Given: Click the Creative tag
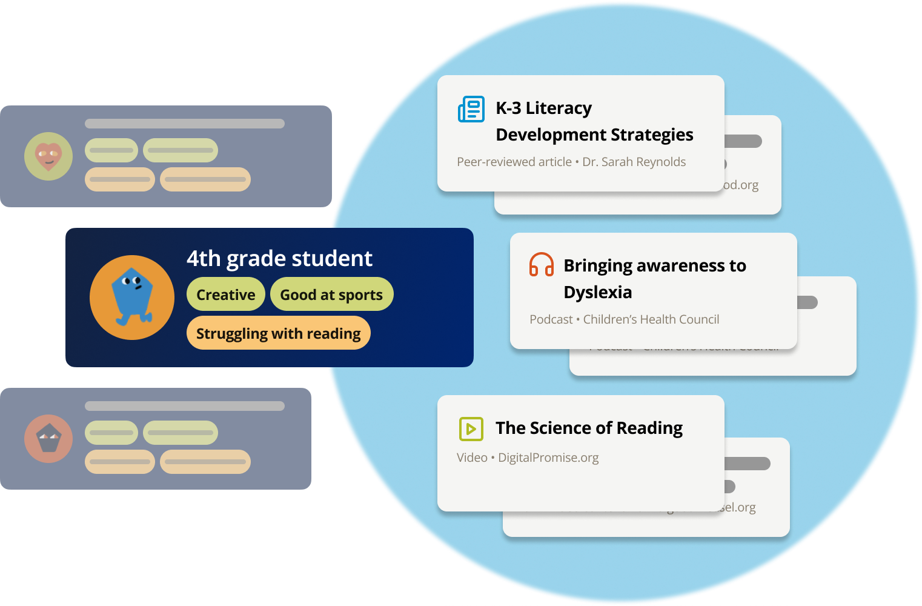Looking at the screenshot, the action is point(225,295).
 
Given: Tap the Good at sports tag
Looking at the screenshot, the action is point(331,295).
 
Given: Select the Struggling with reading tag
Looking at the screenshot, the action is point(278,333).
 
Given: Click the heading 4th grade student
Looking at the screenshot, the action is point(279,259).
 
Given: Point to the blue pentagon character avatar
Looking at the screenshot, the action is point(132,297).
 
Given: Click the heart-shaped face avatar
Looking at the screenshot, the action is point(48,156).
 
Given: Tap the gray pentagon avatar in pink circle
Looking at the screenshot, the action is point(48,438).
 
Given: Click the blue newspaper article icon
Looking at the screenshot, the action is point(471,109).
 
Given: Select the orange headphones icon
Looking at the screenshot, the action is point(542,265).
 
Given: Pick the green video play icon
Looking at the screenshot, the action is point(471,428).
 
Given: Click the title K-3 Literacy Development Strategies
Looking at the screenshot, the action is point(594,121).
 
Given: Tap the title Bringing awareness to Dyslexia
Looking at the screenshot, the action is point(654,278).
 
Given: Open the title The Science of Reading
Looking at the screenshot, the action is point(589,428).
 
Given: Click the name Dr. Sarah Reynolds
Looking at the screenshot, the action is point(634,162).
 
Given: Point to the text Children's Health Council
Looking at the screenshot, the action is point(651,319).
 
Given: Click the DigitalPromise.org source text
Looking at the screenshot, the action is point(548,458).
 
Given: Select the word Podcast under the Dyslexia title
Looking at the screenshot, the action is point(551,319).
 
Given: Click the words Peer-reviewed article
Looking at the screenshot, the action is point(514,162).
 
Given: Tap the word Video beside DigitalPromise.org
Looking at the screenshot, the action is point(472,458).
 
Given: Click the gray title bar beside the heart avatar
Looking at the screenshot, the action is point(185,124).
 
